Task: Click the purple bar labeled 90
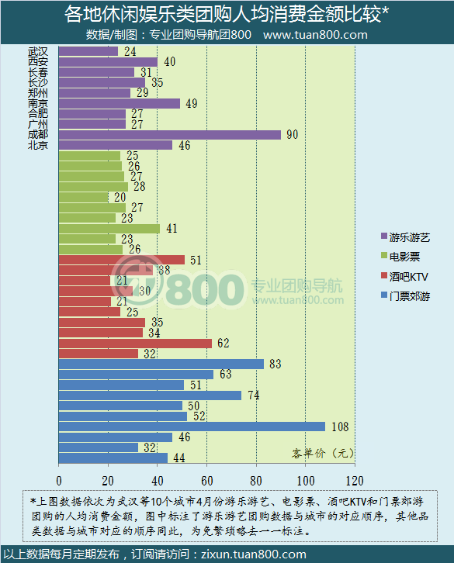coord(169,134)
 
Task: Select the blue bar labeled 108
coord(192,427)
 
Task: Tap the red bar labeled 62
coord(135,343)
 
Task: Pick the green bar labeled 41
coord(109,229)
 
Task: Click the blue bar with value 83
coord(161,364)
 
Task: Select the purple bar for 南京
coord(119,103)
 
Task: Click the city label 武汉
coord(37,51)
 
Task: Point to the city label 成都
coord(37,134)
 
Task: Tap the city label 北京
coord(37,145)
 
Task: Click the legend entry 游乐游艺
coord(409,237)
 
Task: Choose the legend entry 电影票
coord(404,256)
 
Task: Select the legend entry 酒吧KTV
coord(408,276)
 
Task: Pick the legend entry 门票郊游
coord(409,296)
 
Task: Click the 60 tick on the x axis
coord(206,478)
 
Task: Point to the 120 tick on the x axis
coord(354,478)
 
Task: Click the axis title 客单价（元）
coord(322,453)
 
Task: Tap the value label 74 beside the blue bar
coord(253,395)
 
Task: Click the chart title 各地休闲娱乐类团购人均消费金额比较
coord(226,14)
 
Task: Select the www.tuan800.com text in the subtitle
coord(315,35)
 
